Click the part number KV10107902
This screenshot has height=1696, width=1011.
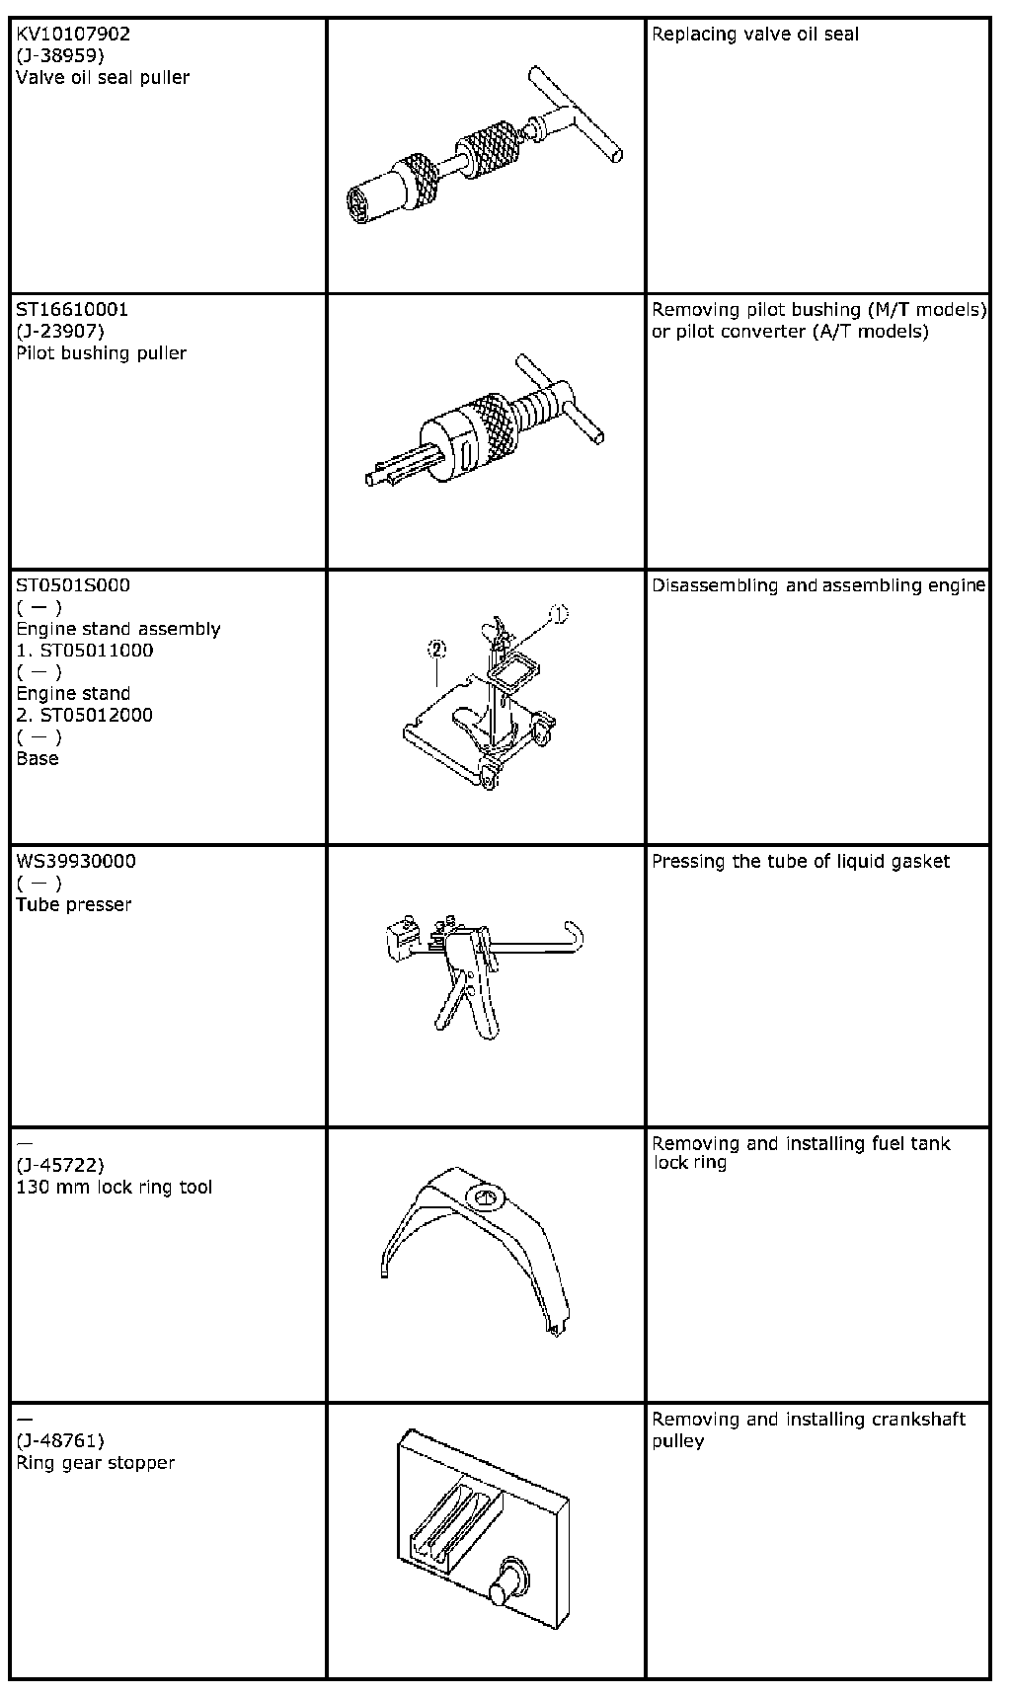coord(73,34)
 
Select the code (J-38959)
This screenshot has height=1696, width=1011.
coord(60,55)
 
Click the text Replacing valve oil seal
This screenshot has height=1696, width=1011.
coord(755,34)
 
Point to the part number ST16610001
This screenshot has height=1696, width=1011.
coord(72,309)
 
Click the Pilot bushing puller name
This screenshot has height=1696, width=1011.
coord(101,352)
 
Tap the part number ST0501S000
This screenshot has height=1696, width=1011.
coord(73,584)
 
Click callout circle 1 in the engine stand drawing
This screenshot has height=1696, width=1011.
coord(559,615)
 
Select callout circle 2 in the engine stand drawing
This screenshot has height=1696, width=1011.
coord(436,649)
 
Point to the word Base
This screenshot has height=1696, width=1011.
coord(38,758)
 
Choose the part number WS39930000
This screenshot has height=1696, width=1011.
coord(76,861)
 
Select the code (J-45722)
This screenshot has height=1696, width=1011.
coord(60,1165)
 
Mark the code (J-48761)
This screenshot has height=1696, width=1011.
coord(60,1440)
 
